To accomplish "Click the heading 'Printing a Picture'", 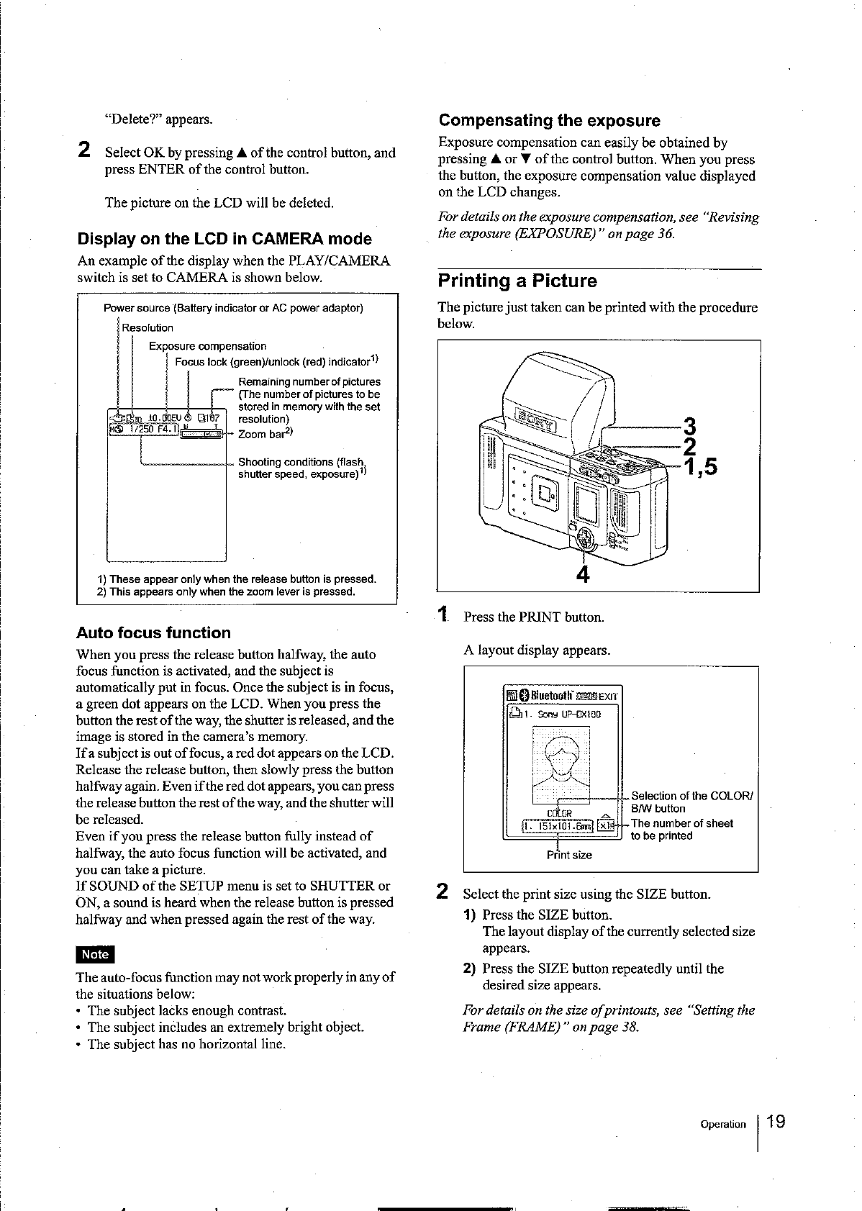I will (x=517, y=281).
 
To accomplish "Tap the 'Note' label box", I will (x=95, y=954).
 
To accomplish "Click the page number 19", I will (x=776, y=1122).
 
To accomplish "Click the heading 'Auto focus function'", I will (x=153, y=633).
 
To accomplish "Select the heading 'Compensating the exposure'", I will (x=549, y=120).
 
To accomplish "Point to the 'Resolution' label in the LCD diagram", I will (x=148, y=328).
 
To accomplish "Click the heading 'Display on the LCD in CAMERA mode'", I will (x=224, y=239).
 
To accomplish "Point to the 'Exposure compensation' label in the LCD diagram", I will (x=207, y=346).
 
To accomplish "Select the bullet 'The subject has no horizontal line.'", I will (x=186, y=1044).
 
